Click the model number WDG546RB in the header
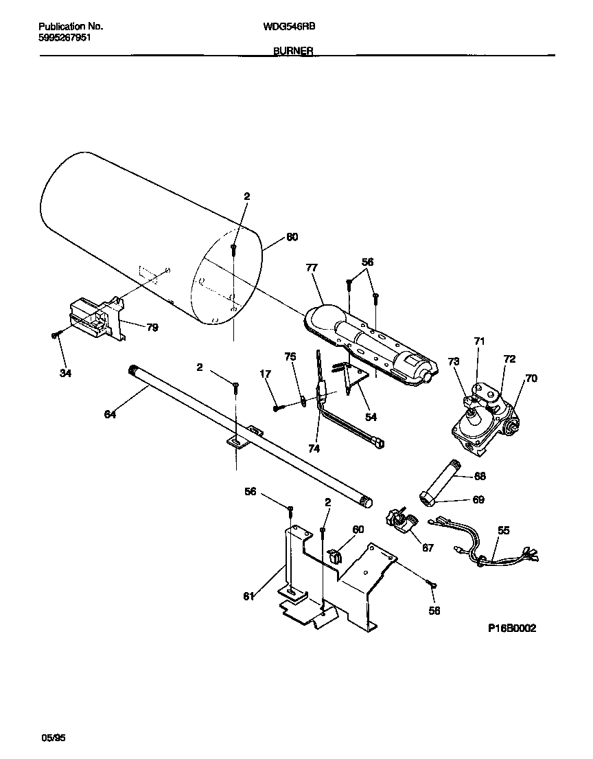[x=289, y=27]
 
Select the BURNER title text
[x=293, y=51]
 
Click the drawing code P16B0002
[x=512, y=628]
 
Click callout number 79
[x=152, y=328]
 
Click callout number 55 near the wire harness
[x=504, y=530]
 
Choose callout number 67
[x=428, y=547]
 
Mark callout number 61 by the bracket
[x=248, y=596]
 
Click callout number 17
[x=265, y=374]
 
